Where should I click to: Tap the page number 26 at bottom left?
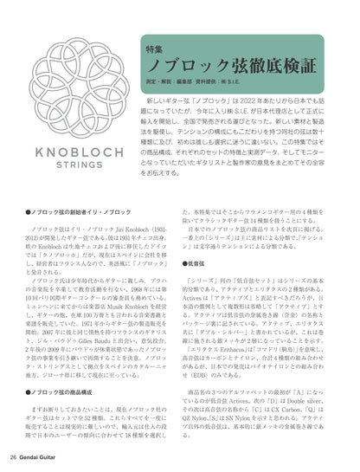(x=13, y=456)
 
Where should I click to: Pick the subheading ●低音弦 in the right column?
(x=196, y=286)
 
